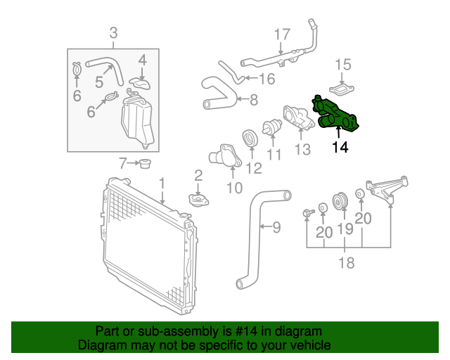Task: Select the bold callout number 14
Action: click(340, 148)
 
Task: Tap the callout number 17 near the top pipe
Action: click(281, 34)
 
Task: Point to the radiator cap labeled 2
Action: click(198, 200)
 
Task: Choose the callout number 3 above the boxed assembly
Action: click(113, 32)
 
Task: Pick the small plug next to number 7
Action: click(145, 165)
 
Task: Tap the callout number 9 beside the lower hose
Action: click(276, 226)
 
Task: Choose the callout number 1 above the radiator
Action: click(162, 184)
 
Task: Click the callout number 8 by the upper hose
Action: click(253, 99)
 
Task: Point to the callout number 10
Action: click(234, 188)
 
